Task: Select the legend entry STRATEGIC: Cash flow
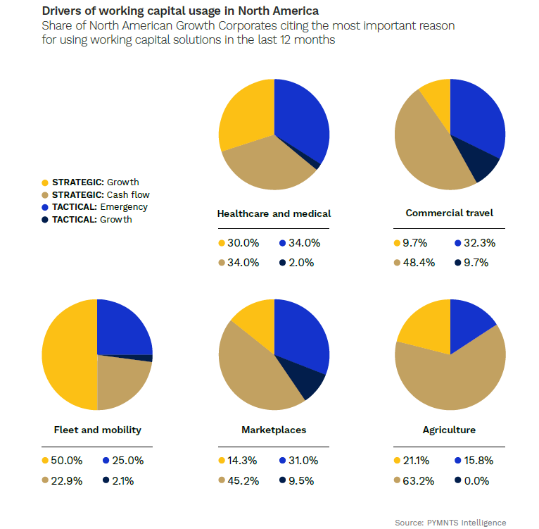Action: [100, 194]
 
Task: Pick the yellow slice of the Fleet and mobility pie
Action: [67, 354]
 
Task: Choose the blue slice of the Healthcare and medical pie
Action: [301, 116]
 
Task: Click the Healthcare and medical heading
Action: [274, 213]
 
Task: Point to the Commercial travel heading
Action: [450, 213]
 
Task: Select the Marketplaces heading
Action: [274, 430]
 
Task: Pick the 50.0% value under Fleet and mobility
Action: [68, 461]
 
